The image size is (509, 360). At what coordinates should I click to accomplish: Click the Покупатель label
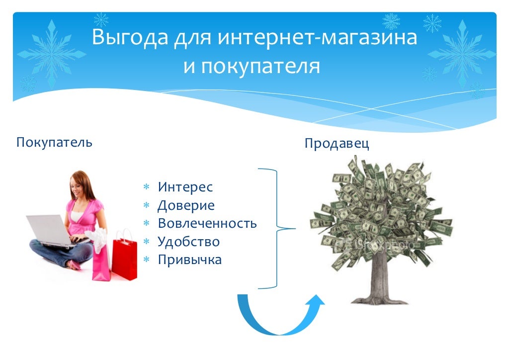[54, 143]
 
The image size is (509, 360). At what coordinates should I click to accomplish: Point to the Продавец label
[337, 144]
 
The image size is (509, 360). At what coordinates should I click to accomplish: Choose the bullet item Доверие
[186, 205]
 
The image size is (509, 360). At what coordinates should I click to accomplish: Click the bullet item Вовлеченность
[207, 223]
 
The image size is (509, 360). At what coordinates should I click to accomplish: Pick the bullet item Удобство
[188, 242]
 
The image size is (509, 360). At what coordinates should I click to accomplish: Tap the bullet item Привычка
[189, 260]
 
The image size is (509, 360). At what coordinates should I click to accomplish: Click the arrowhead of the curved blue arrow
[314, 301]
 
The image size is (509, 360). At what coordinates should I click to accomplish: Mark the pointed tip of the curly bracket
[294, 229]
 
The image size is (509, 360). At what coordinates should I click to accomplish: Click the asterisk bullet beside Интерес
[147, 188]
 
